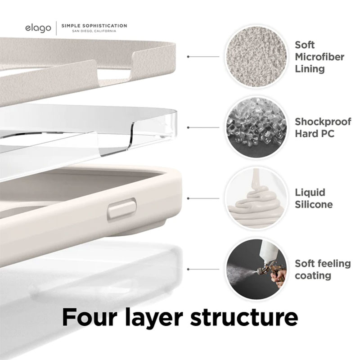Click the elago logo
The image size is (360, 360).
38,28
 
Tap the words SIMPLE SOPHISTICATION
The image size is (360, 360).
94,26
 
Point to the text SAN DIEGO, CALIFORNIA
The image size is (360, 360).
94,31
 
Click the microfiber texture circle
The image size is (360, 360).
256,56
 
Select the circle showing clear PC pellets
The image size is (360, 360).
256,127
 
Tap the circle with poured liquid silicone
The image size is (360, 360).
256,198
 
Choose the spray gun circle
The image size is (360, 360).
256,269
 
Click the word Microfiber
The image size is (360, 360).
319,57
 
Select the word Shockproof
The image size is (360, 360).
323,121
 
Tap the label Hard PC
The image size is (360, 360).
315,134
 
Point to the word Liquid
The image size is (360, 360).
310,193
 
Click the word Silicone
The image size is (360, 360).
314,205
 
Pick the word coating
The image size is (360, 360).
313,275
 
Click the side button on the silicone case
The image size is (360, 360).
121,210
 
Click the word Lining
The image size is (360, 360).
310,68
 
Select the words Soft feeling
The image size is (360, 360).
323,263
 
